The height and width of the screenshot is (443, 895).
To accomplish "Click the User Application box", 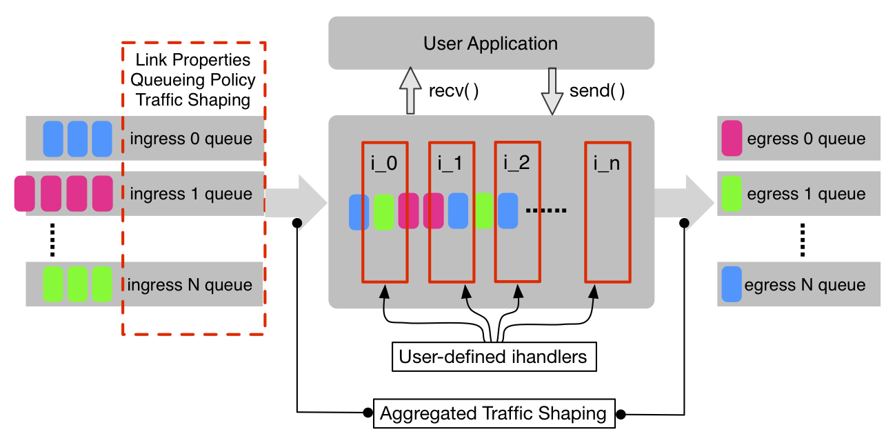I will click(490, 43).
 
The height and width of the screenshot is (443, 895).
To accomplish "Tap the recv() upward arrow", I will click(409, 91).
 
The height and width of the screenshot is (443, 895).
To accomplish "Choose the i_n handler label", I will click(607, 164).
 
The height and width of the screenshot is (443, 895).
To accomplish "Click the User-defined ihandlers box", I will click(493, 357).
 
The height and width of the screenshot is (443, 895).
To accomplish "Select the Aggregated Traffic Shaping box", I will click(493, 413).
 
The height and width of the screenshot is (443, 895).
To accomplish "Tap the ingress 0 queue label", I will click(191, 139).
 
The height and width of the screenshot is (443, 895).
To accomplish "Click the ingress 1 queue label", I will click(191, 194).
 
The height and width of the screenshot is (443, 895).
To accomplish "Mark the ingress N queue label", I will click(191, 285).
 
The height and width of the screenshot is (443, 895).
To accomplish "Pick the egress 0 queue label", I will click(805, 139).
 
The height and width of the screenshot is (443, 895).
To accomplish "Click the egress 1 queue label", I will click(805, 194).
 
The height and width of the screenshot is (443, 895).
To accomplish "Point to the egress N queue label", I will click(805, 285).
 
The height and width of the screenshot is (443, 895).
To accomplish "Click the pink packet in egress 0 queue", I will click(731, 138).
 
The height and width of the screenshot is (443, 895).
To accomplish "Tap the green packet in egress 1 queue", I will click(731, 193).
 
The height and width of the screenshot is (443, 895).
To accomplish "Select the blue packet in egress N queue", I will click(732, 284).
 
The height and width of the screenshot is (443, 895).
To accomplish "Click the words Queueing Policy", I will click(193, 79).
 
